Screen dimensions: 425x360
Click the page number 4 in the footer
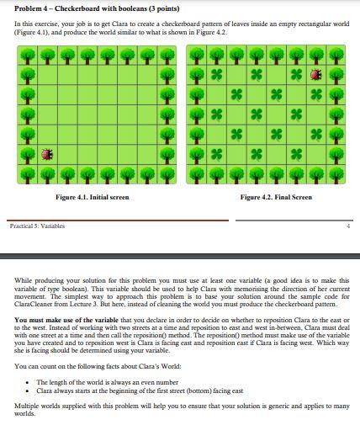(347, 226)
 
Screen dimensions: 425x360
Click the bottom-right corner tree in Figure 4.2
(337, 174)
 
